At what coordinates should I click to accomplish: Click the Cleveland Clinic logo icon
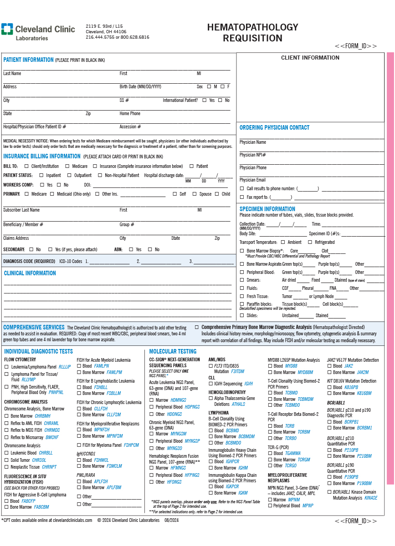pyautogui.click(x=7, y=29)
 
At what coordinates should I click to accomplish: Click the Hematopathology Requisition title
pyautogui.click(x=252, y=33)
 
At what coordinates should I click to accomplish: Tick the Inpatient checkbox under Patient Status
pyautogui.click(x=41, y=175)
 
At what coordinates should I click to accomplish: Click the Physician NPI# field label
pyautogui.click(x=253, y=155)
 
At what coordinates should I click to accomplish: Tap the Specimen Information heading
pyautogui.click(x=267, y=209)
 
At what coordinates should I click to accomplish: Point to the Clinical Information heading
pyautogui.click(x=30, y=273)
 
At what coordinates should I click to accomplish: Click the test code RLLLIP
pyautogui.click(x=65, y=367)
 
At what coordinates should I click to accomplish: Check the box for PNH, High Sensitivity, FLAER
pyautogui.click(x=6, y=387)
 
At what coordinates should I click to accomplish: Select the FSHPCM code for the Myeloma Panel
pyautogui.click(x=131, y=445)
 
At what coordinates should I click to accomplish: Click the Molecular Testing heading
pyautogui.click(x=173, y=351)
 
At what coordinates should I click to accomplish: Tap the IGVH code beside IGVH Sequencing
pyautogui.click(x=248, y=384)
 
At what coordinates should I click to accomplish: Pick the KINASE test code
pyautogui.click(x=371, y=498)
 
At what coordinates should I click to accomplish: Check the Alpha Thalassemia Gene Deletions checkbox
pyautogui.click(x=210, y=398)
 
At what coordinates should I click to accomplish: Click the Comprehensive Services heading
pyautogui.click(x=34, y=327)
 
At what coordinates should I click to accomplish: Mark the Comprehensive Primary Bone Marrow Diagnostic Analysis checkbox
pyautogui.click(x=197, y=327)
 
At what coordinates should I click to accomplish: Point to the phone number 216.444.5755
pyautogui.click(x=100, y=37)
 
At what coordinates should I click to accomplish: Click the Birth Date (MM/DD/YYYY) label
pyautogui.click(x=140, y=86)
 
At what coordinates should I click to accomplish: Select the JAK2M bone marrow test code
pyautogui.click(x=363, y=372)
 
